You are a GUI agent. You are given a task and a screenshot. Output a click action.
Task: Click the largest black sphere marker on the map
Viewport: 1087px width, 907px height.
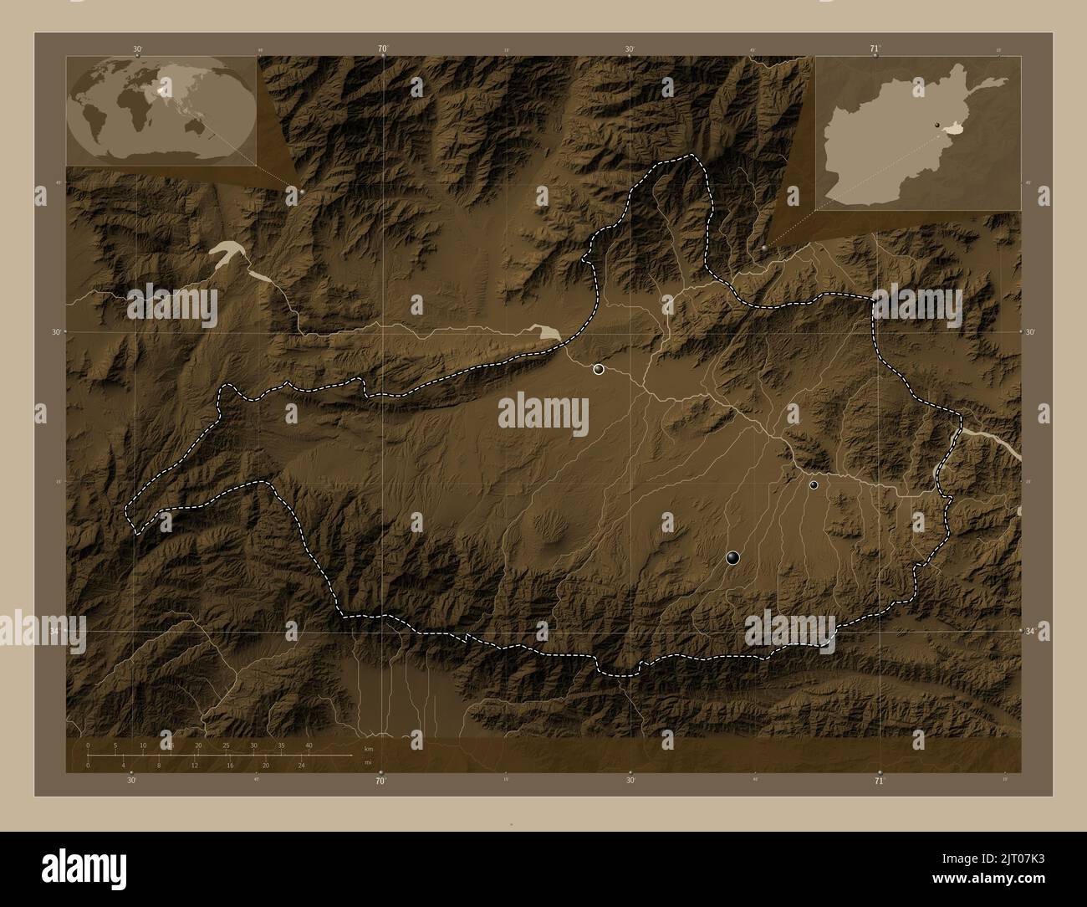tap(733, 557)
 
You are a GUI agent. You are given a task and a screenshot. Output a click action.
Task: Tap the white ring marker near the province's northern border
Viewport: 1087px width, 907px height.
tap(599, 369)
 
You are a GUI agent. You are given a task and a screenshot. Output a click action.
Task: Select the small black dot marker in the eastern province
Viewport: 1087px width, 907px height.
tap(814, 484)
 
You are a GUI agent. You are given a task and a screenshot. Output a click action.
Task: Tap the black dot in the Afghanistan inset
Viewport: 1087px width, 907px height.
tap(937, 126)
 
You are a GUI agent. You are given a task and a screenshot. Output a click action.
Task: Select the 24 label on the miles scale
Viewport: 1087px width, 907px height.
tap(301, 765)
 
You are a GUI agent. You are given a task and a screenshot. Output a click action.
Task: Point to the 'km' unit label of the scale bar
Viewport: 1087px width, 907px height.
tap(368, 748)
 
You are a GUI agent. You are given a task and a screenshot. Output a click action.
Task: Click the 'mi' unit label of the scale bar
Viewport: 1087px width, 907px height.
tap(368, 762)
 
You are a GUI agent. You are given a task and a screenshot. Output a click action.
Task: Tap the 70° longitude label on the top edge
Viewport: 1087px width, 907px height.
tap(382, 49)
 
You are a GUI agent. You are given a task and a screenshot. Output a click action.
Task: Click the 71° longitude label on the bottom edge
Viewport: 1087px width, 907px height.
tap(879, 781)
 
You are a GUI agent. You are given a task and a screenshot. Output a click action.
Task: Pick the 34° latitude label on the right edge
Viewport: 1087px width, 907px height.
tap(1032, 632)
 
